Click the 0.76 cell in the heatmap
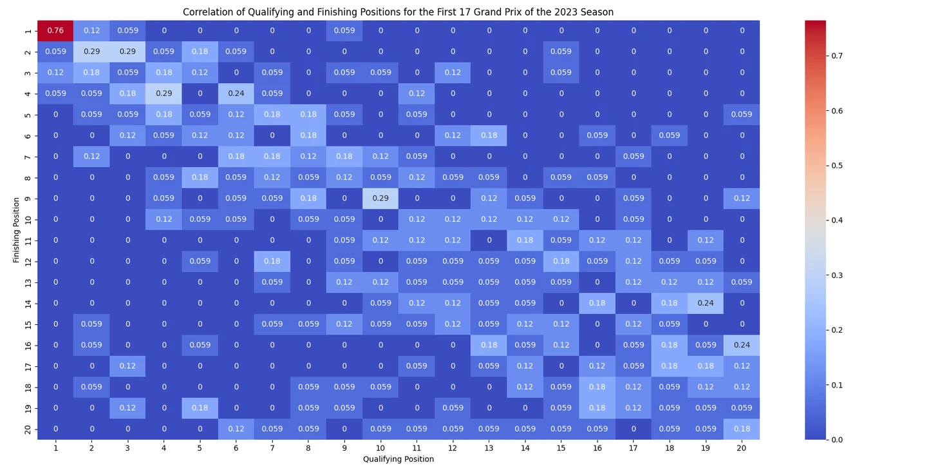55,30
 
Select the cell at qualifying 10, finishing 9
381,198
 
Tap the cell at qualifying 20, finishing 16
742,345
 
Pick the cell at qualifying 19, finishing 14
706,303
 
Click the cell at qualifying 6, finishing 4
236,93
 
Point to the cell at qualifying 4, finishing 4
164,93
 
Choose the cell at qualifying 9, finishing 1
344,30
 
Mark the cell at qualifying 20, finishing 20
742,429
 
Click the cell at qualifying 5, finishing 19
200,407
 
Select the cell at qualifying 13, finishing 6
489,135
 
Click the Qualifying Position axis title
399,459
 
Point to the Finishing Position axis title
16,230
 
